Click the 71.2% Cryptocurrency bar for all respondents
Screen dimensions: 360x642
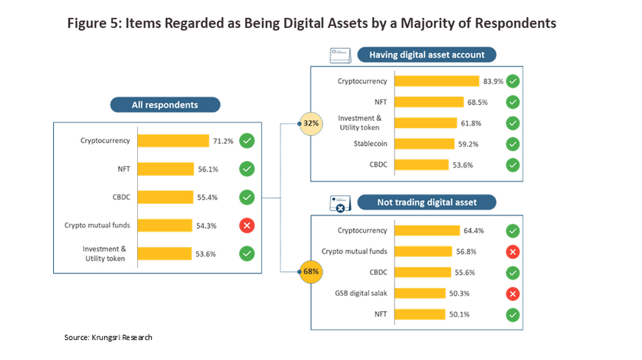click(x=173, y=140)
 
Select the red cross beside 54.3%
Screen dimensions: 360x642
click(x=247, y=225)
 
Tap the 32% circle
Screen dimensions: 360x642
click(x=310, y=122)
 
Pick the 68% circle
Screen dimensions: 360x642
click(x=310, y=272)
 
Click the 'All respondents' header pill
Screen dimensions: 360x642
click(x=165, y=105)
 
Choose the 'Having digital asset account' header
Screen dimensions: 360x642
click(x=427, y=55)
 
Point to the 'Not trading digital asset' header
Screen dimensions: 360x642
click(x=427, y=202)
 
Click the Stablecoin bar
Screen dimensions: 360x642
click(x=424, y=143)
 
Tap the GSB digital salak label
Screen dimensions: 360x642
click(x=362, y=293)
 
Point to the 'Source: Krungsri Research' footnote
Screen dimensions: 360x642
click(x=108, y=337)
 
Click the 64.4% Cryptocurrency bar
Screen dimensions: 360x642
click(x=427, y=230)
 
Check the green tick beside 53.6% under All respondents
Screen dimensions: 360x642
click(x=247, y=253)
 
